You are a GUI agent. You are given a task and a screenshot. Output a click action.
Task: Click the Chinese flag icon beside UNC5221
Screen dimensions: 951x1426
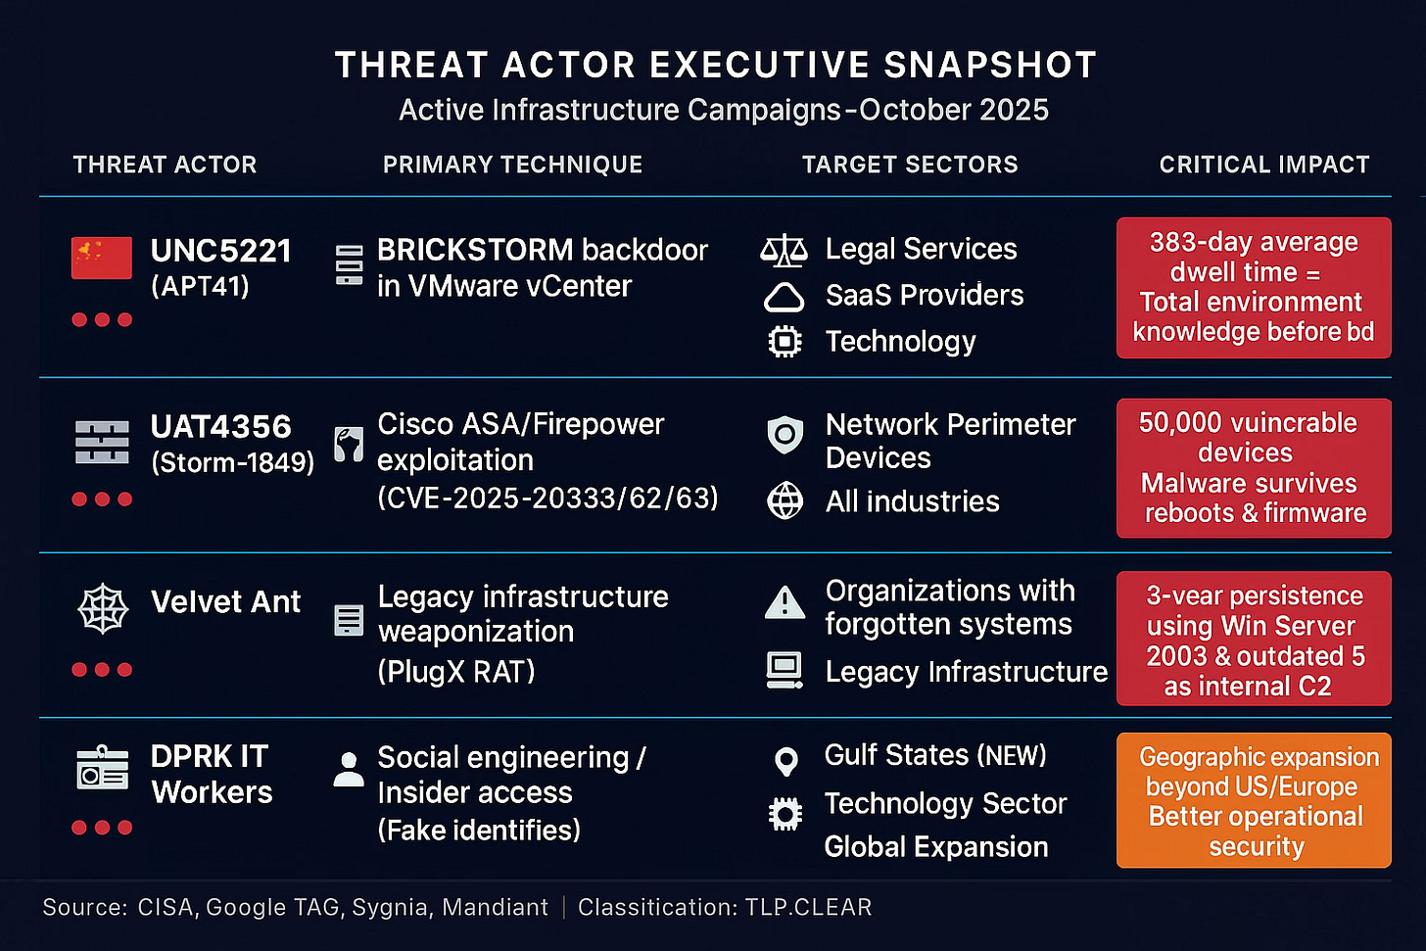click(102, 259)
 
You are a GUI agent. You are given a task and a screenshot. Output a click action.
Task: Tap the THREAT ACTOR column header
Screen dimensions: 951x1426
click(165, 165)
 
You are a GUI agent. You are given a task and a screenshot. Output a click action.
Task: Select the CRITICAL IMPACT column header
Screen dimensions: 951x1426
click(1264, 165)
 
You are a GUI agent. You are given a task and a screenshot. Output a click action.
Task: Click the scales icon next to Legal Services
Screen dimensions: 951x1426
click(784, 251)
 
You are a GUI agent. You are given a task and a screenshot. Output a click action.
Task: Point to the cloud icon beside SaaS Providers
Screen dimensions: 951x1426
click(784, 296)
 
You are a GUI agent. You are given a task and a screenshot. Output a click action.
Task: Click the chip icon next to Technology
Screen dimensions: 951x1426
click(784, 341)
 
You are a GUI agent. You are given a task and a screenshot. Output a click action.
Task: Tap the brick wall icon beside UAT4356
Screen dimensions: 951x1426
click(102, 442)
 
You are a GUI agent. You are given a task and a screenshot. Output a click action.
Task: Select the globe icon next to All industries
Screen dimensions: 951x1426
click(784, 500)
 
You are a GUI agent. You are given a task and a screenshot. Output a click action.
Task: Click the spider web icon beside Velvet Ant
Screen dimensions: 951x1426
click(103, 610)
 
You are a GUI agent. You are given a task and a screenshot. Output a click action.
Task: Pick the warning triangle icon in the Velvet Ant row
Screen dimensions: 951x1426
click(784, 602)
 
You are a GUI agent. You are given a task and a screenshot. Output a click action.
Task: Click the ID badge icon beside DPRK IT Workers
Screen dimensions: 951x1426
click(103, 769)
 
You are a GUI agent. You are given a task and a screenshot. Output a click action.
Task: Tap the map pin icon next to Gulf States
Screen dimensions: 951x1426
click(785, 760)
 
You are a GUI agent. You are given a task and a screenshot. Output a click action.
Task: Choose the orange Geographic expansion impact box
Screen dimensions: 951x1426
click(1254, 800)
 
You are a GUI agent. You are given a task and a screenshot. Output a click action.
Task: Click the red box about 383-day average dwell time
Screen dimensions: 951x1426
click(1254, 287)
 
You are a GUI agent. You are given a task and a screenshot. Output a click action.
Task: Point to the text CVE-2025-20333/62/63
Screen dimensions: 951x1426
click(548, 498)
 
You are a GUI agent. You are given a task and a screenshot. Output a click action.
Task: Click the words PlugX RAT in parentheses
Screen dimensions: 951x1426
click(456, 672)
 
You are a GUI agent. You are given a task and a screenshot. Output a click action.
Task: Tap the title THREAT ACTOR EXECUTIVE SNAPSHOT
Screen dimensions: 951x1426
click(716, 66)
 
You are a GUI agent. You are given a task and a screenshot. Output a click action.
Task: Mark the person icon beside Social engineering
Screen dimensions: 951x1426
click(348, 770)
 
